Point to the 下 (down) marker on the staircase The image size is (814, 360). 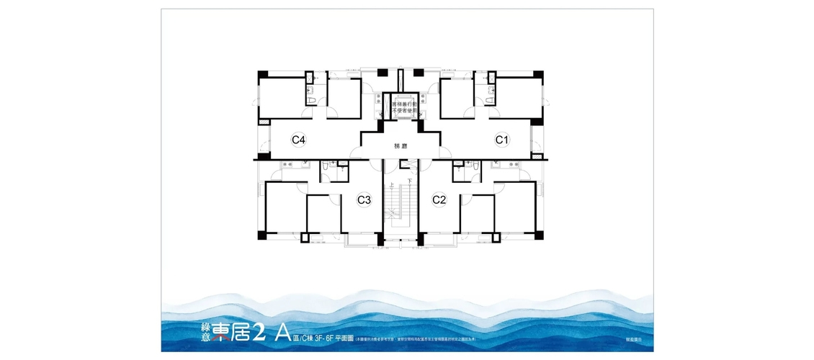(x=410, y=181)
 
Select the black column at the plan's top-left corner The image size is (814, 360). (x=262, y=73)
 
